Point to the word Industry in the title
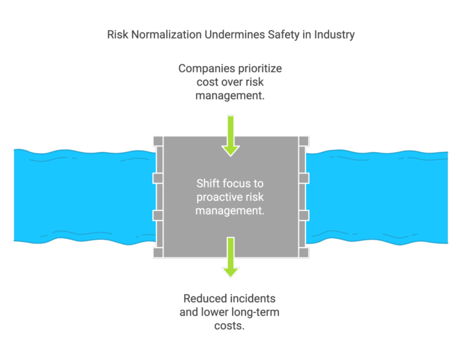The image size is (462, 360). [x=331, y=34]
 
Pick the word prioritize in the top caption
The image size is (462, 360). [x=259, y=69]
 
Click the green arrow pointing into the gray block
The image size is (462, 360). [x=230, y=136]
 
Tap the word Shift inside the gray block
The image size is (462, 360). [x=209, y=183]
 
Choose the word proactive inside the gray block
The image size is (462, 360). [x=215, y=197]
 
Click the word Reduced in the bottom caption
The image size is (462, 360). [x=206, y=298]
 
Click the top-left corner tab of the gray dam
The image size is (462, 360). [x=158, y=141]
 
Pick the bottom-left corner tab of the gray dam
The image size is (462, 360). [x=158, y=252]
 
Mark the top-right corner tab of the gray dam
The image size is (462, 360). [x=304, y=141]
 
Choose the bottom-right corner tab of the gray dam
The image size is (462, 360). [x=304, y=252]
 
